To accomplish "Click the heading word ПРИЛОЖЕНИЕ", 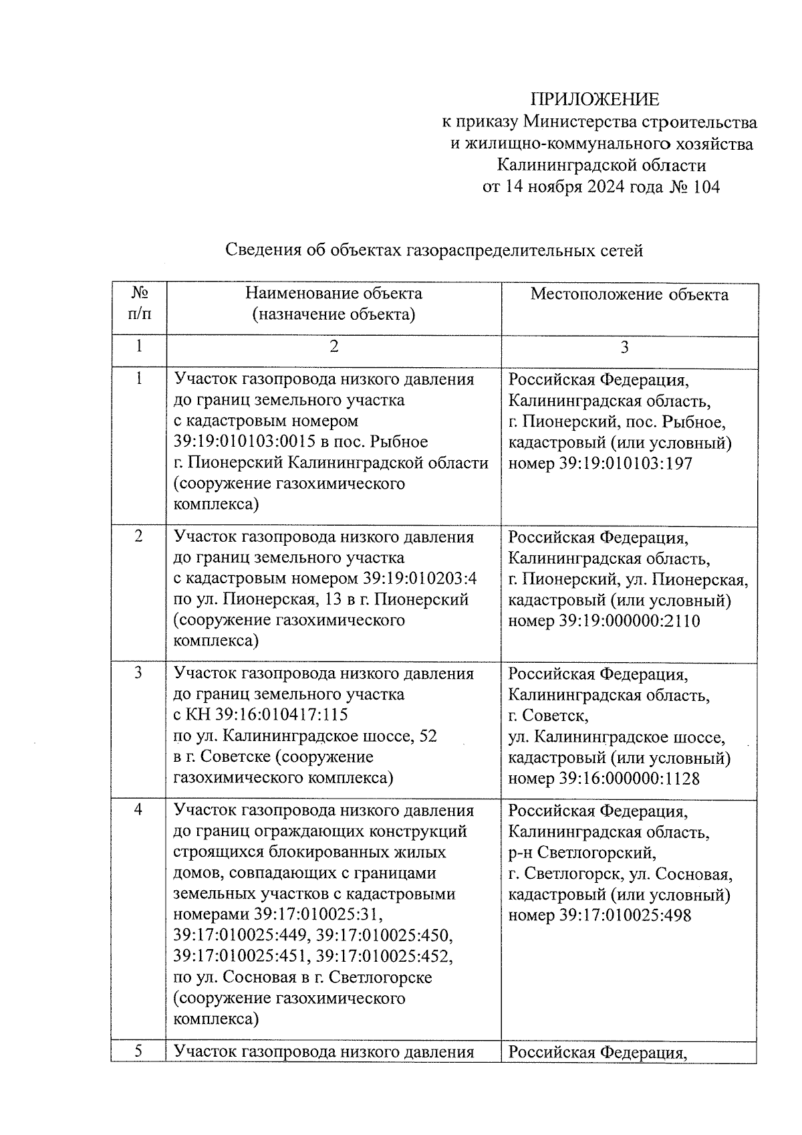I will (594, 100).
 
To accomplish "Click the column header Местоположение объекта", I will (629, 294).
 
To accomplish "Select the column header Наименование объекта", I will (333, 294).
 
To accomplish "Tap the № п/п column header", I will (139, 303).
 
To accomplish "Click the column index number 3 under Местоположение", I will (625, 347).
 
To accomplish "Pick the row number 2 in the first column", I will (138, 536).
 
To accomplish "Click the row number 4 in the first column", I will (138, 809).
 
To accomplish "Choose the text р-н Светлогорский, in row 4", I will (581, 853).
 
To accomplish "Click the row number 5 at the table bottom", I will (138, 1051).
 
